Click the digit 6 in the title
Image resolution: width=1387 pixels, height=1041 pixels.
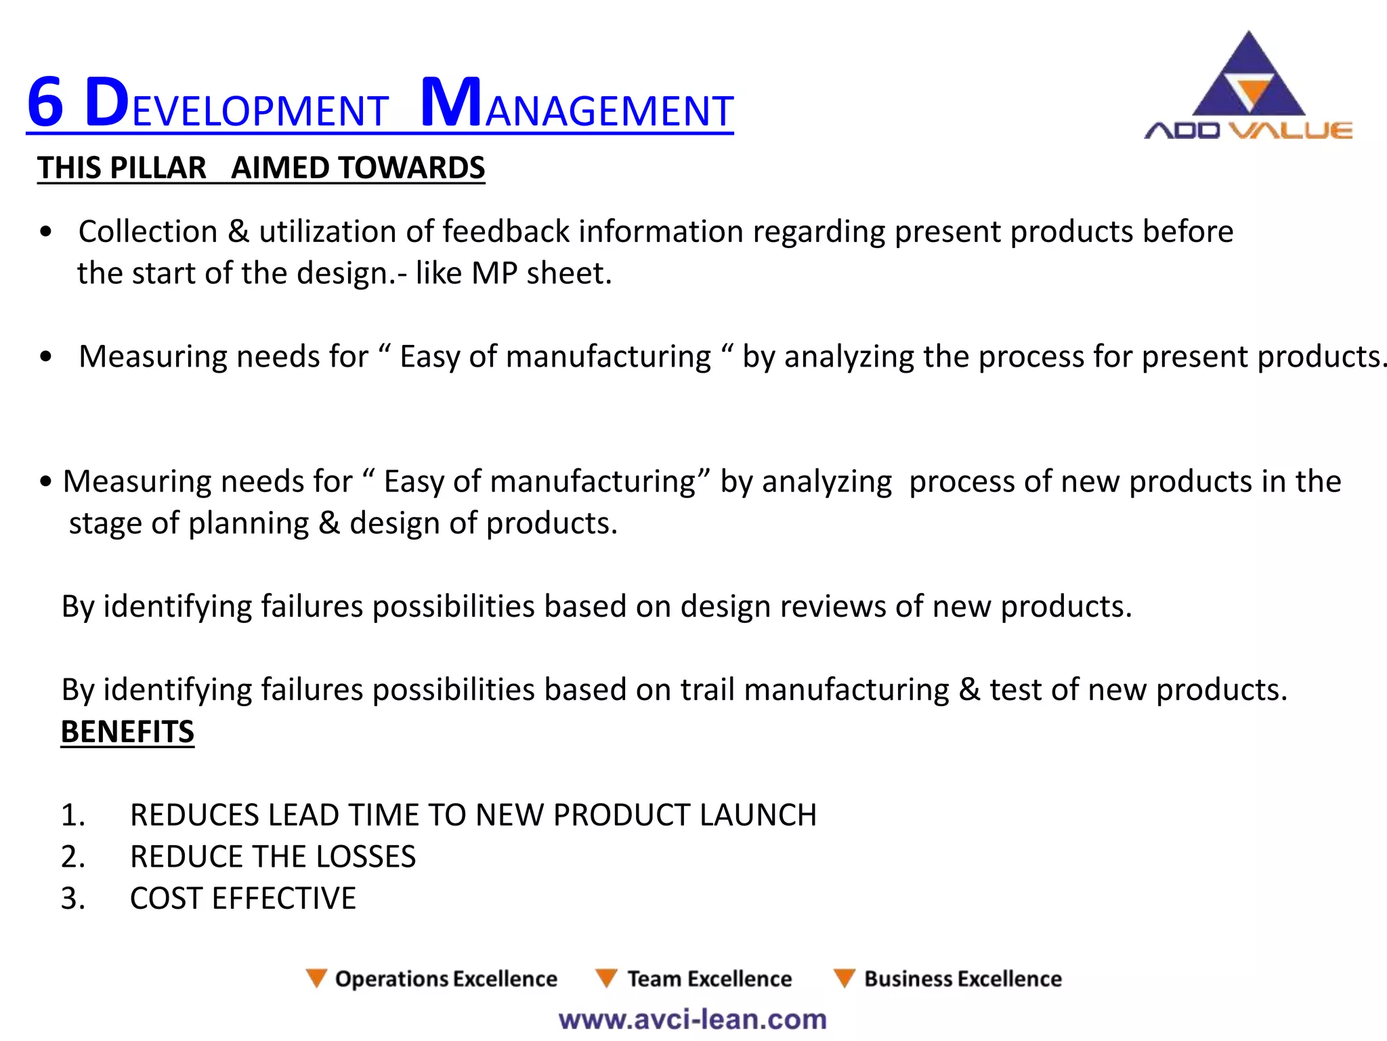pos(45,103)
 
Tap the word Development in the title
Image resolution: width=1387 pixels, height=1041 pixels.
pos(236,105)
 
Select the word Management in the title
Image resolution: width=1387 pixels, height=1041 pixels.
pos(576,105)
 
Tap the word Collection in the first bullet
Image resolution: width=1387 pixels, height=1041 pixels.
pos(148,232)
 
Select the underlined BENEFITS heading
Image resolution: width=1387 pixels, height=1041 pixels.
pos(127,732)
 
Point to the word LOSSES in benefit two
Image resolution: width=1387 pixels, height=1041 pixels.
pos(366,857)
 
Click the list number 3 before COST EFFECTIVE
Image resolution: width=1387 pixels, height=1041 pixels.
pos(72,899)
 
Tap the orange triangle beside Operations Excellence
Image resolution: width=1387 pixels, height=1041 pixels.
pos(316,978)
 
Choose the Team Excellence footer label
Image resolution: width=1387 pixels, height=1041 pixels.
pos(709,979)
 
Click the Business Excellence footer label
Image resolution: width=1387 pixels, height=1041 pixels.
pos(962,979)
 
